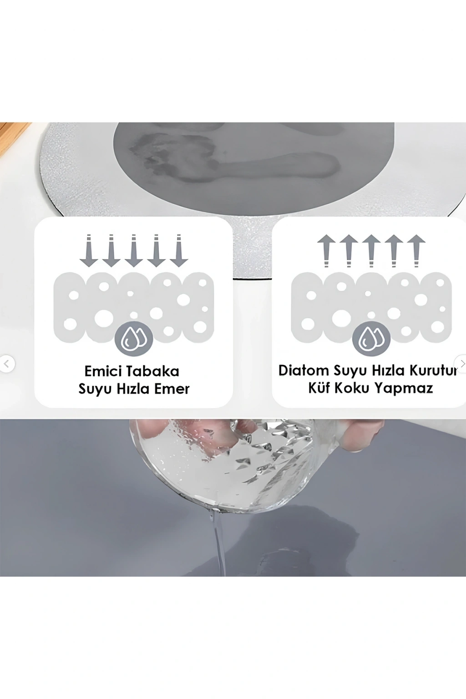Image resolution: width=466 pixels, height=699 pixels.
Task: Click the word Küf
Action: (319, 388)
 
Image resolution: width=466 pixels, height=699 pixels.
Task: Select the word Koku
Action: (351, 388)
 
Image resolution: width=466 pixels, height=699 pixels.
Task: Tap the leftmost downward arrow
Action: (89, 251)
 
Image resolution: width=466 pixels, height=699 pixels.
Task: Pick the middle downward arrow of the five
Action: (134, 251)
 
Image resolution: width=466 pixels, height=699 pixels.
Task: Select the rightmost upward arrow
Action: (416, 251)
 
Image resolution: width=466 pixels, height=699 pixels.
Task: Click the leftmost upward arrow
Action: (327, 251)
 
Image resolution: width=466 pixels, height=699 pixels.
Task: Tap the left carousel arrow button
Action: (6, 364)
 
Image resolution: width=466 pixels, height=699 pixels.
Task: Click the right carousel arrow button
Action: (461, 364)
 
